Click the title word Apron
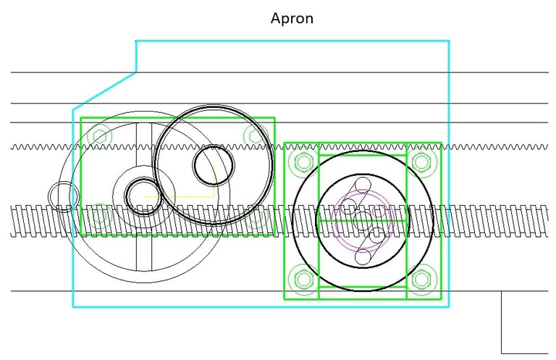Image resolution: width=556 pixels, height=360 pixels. coord(292,18)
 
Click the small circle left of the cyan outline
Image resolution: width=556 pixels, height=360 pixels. coord(63,196)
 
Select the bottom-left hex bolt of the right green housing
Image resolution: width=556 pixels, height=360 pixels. coord(301,278)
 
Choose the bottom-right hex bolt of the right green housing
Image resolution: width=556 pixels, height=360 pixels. coord(422,278)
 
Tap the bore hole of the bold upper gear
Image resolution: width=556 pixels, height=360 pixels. coord(213,165)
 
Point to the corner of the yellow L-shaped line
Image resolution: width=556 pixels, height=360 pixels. coord(215,196)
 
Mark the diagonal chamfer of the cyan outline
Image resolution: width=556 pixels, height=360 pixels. coord(104,91)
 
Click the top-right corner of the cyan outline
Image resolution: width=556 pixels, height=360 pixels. coord(449,41)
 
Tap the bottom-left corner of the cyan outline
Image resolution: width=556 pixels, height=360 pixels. coord(73,307)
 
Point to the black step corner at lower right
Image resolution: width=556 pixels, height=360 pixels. coord(502,292)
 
